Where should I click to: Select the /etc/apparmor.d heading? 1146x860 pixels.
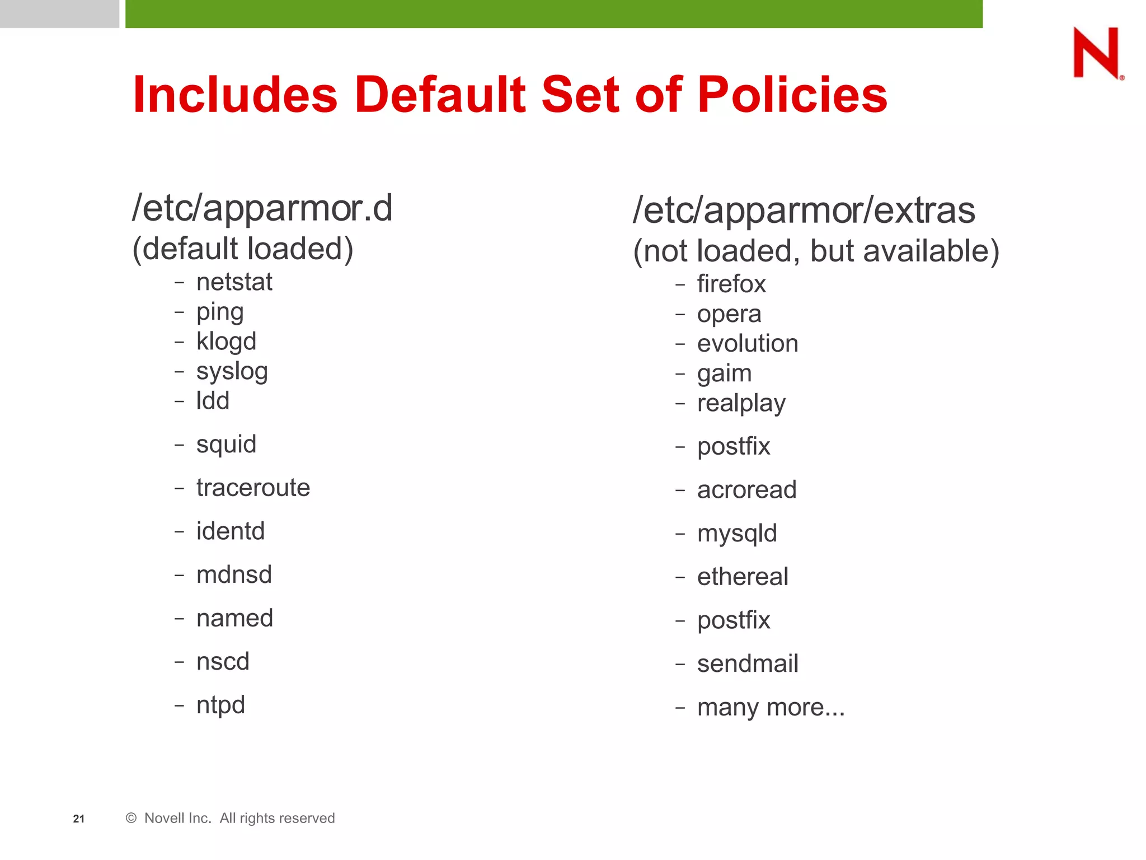[x=262, y=208]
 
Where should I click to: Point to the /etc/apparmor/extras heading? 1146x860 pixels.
[x=804, y=211]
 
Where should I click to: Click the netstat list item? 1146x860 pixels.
[x=234, y=282]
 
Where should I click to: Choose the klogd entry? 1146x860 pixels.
[x=226, y=341]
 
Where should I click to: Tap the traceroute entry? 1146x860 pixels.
[x=253, y=487]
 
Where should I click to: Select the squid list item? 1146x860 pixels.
[x=226, y=445]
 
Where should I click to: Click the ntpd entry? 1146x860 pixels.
[x=220, y=705]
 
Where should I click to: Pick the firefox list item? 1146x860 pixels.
[x=731, y=284]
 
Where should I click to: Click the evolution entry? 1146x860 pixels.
[x=747, y=343]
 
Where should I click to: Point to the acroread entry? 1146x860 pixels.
[x=746, y=490]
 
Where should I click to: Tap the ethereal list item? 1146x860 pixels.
[x=743, y=577]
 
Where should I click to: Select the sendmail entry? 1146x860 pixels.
[x=748, y=663]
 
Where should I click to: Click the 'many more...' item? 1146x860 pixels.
[x=771, y=707]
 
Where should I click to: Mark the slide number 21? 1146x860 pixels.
[x=79, y=819]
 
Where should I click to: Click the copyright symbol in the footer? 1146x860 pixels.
[x=131, y=818]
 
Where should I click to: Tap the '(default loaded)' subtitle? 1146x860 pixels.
[x=242, y=249]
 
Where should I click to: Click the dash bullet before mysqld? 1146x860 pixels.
[x=680, y=534]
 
